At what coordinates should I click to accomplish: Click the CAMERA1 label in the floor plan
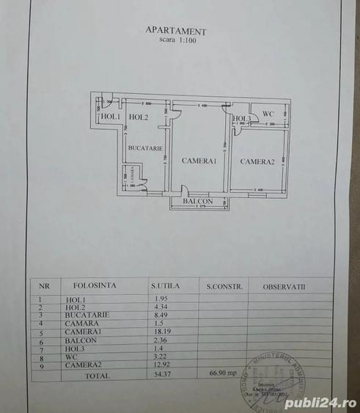[x=199, y=161]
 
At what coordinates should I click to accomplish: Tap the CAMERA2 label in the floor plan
[x=257, y=161]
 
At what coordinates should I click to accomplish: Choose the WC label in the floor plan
[x=268, y=114]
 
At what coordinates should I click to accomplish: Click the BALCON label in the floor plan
[x=199, y=201]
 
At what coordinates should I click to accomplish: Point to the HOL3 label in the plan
[x=243, y=119]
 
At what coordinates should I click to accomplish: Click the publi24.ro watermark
[x=320, y=403]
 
